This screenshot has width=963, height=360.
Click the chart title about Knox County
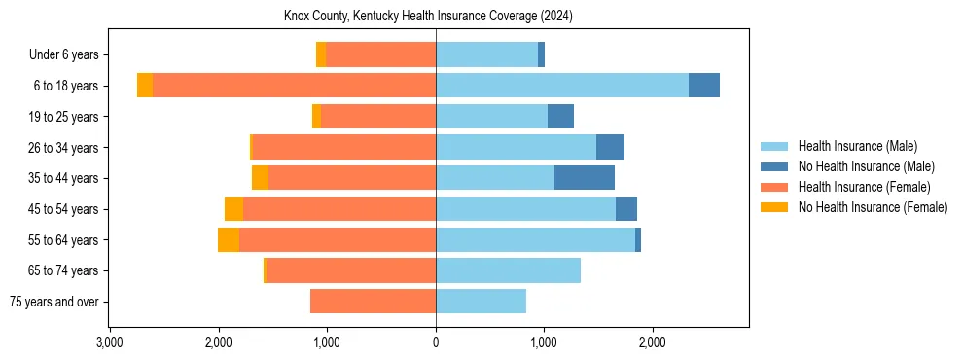click(x=435, y=17)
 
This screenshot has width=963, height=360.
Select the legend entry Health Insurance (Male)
click(x=857, y=146)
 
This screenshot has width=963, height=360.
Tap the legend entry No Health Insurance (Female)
click(x=873, y=207)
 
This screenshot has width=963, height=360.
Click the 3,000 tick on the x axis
click(x=110, y=342)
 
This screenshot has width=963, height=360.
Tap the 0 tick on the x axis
click(x=436, y=342)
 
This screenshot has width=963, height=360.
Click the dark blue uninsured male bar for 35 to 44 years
click(x=585, y=178)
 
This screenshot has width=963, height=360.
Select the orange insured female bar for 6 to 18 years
click(x=294, y=86)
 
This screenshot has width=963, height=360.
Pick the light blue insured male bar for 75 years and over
click(x=481, y=302)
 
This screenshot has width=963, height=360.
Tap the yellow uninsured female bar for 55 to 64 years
click(x=229, y=240)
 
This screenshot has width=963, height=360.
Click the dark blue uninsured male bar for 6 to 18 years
click(x=704, y=86)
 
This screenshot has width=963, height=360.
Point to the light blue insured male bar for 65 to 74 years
click(x=508, y=270)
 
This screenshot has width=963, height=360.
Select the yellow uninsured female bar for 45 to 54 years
click(x=233, y=209)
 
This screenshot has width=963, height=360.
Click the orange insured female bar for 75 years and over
click(x=373, y=302)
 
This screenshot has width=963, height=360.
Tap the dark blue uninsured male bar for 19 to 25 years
click(x=560, y=117)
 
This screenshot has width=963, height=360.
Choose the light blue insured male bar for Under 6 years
click(x=486, y=54)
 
